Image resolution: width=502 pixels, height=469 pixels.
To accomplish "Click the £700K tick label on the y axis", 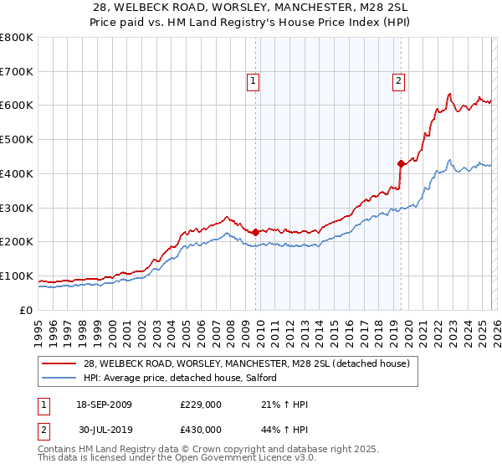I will coord(17,72).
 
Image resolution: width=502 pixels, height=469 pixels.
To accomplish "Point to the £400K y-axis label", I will coord(17,174).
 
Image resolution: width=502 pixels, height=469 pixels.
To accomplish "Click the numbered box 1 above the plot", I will coord(253,81).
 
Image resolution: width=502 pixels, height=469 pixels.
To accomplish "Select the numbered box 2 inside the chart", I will coord(398,81).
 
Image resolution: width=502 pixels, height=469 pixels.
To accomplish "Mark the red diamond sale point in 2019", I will coord(401,163).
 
